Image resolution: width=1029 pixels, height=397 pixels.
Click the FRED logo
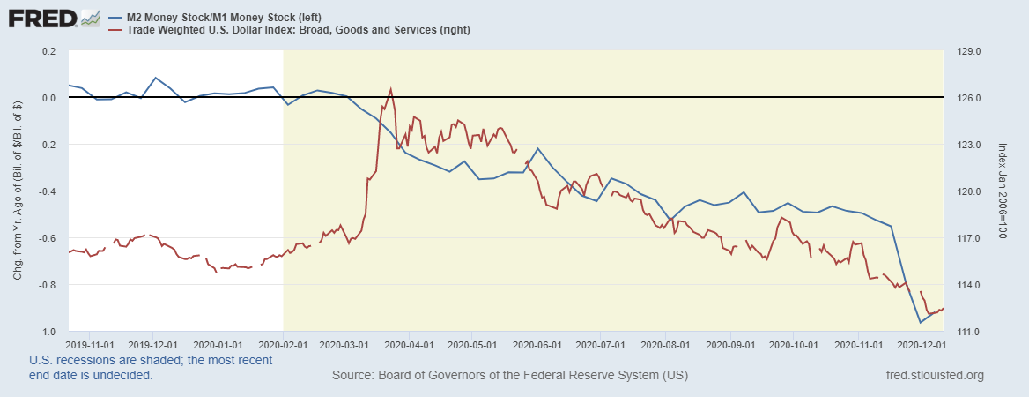[x=54, y=18]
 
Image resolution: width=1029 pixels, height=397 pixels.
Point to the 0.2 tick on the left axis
[x=48, y=51]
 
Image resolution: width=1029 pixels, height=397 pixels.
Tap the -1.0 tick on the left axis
[x=46, y=332]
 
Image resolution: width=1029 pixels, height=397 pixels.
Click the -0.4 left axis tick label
[x=46, y=191]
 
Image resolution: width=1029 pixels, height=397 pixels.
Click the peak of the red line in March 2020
[x=390, y=88]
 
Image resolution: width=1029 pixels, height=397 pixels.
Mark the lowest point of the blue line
[x=921, y=322]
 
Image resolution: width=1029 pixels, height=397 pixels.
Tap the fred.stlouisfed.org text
[x=935, y=376]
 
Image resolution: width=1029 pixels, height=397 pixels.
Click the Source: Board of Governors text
[x=510, y=376]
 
